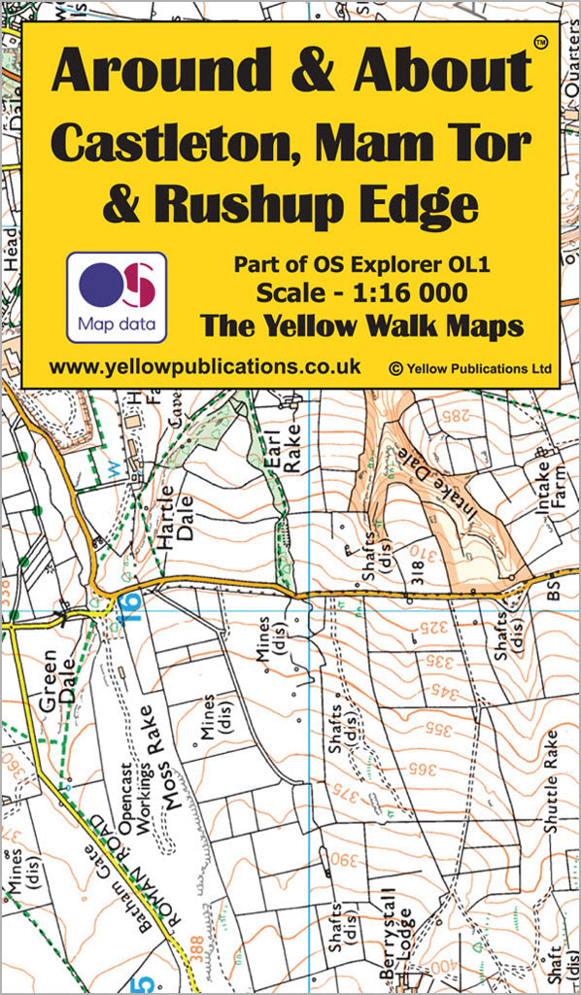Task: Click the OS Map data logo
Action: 117,296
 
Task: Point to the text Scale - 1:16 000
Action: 361,292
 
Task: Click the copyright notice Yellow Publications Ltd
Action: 470,368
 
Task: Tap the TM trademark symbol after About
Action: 541,42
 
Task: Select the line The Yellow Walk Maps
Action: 361,326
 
